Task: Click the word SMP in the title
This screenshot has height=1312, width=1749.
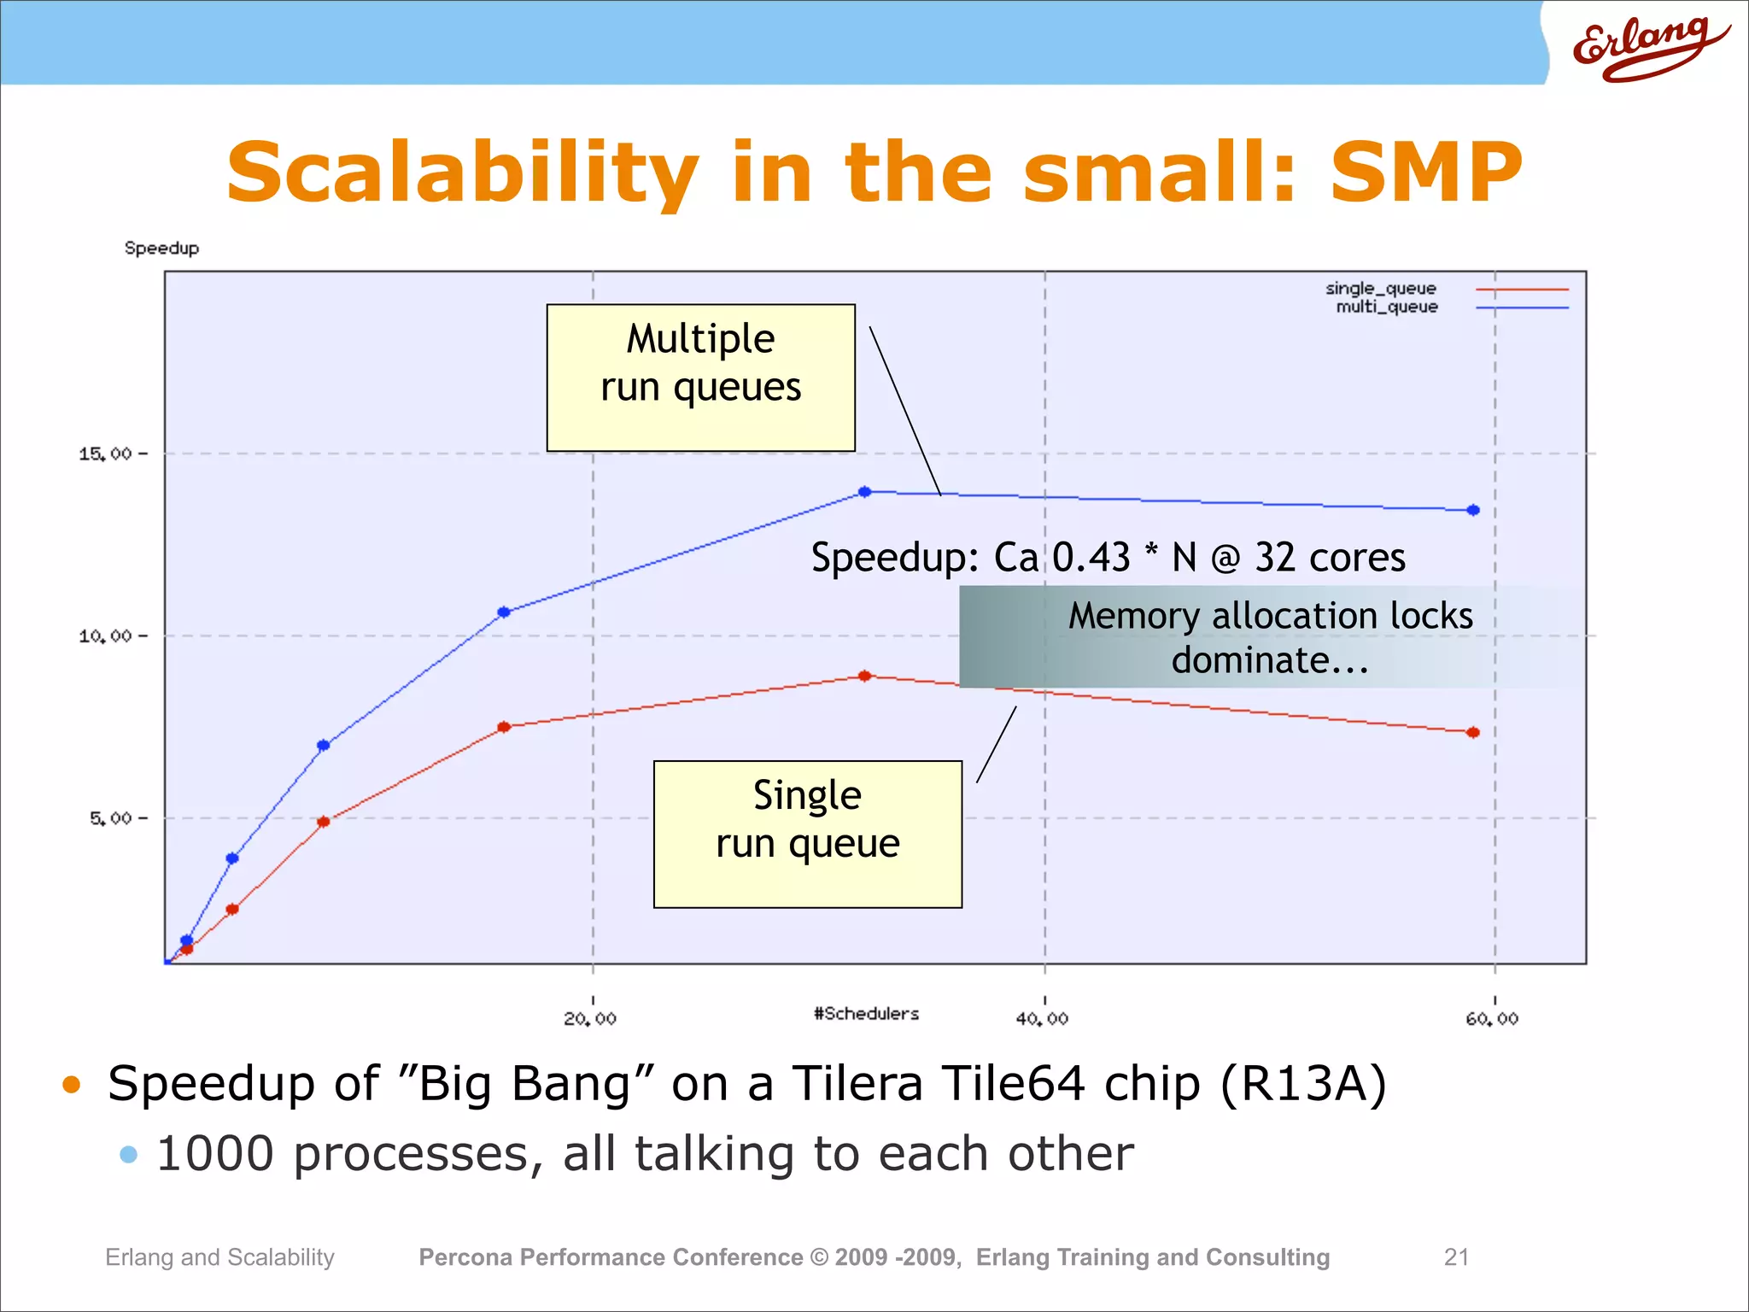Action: click(1425, 173)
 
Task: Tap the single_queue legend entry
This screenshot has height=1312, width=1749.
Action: click(1381, 289)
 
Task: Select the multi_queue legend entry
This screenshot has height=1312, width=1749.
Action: click(1387, 307)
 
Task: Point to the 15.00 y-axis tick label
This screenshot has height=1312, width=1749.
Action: click(106, 454)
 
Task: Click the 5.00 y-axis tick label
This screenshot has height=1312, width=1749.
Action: click(111, 818)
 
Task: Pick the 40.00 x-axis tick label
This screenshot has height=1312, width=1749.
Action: click(1042, 1018)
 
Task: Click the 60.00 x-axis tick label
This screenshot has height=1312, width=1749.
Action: click(1492, 1018)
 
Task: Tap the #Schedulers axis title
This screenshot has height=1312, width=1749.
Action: click(866, 1014)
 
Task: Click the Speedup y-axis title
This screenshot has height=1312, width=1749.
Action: click(161, 249)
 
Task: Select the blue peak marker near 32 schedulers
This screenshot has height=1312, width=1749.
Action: click(865, 492)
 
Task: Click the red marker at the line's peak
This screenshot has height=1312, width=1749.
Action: click(864, 676)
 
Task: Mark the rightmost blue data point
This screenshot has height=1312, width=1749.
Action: click(1473, 510)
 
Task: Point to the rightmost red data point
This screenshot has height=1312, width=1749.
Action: click(1473, 732)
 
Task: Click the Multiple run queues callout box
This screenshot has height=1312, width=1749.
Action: click(700, 378)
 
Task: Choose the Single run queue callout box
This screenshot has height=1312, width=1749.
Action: click(807, 834)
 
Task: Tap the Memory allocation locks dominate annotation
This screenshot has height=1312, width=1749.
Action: click(1270, 637)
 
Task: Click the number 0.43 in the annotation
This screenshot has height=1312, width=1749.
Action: click(1091, 558)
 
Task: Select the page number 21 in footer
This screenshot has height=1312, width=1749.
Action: click(1456, 1256)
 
